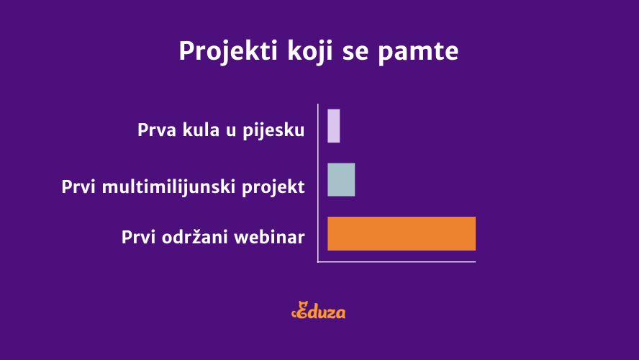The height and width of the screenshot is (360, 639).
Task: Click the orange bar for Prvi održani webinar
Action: pos(402,233)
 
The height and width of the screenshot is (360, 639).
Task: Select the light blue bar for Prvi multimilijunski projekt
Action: pos(341,180)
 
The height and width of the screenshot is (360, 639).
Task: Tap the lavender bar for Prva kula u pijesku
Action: pos(334,126)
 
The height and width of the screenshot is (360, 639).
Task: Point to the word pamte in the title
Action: pos(418,52)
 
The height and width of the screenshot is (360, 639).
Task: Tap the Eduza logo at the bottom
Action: pos(319,310)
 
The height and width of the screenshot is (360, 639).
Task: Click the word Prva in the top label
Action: pos(157,130)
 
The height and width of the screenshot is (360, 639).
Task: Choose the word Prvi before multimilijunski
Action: pos(78,187)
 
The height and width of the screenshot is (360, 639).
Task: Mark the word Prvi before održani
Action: pos(139,237)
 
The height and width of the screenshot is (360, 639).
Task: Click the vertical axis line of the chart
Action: pos(318,183)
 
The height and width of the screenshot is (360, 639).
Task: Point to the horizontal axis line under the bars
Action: pos(396,262)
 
